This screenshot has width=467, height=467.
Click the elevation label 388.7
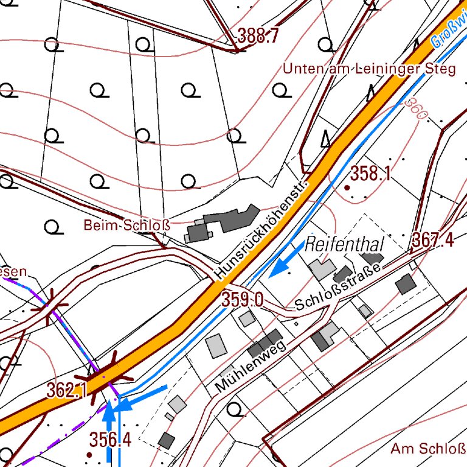(258, 36)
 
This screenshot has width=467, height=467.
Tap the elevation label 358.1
(370, 175)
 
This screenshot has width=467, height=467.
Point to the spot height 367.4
(433, 240)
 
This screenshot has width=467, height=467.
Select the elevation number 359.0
(242, 299)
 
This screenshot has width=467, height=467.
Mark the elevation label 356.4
(110, 439)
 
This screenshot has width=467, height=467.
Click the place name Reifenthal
(345, 245)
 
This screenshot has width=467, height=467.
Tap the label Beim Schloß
(126, 226)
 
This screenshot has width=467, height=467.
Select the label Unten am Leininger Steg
(368, 69)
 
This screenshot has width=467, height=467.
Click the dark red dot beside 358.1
(347, 189)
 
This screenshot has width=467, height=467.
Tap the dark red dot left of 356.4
(90, 454)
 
